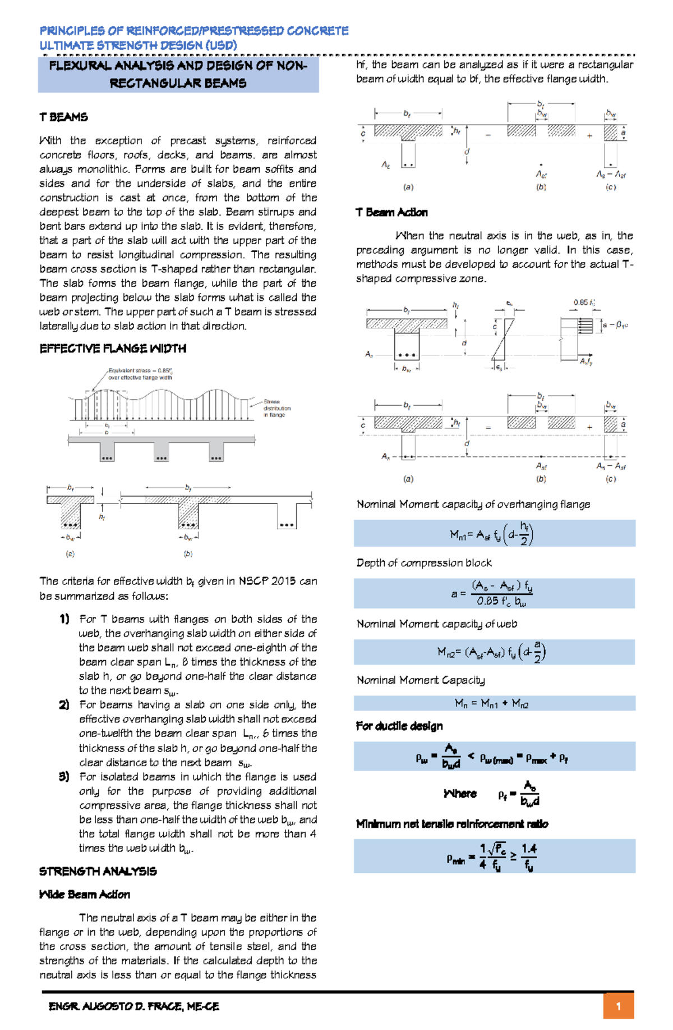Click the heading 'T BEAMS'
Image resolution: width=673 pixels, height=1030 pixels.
click(63, 117)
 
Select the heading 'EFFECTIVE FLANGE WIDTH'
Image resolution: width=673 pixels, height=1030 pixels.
click(112, 349)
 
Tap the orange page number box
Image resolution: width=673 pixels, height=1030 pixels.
click(618, 1006)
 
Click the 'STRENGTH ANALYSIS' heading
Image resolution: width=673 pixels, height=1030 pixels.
click(98, 871)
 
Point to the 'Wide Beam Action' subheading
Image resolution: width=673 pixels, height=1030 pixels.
click(84, 894)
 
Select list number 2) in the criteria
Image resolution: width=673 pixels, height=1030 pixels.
click(64, 704)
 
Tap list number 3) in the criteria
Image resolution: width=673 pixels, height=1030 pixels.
click(64, 776)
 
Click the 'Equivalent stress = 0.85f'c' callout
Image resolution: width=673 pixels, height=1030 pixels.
click(140, 374)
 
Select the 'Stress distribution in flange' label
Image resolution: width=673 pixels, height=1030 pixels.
click(276, 408)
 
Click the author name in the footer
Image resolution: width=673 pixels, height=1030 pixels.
click(133, 1006)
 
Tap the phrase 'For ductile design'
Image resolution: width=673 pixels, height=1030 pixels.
click(399, 726)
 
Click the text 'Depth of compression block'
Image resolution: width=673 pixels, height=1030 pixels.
click(423, 562)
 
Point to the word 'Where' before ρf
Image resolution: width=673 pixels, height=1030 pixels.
click(459, 794)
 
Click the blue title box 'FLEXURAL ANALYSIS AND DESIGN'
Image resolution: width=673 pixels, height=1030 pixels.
click(178, 74)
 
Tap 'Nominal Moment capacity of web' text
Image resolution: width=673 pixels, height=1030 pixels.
click(436, 624)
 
